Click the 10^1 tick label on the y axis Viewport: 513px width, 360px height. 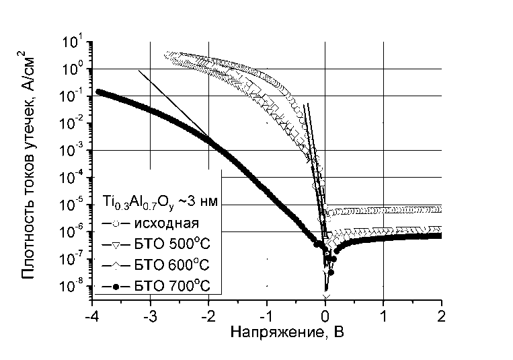73,43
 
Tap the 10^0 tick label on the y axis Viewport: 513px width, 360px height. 73,70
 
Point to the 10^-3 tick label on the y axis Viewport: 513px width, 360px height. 71,151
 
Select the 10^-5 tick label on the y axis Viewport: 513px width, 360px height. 71,205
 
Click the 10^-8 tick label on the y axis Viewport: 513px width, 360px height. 71,287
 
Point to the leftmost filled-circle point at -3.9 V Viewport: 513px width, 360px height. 99,92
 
